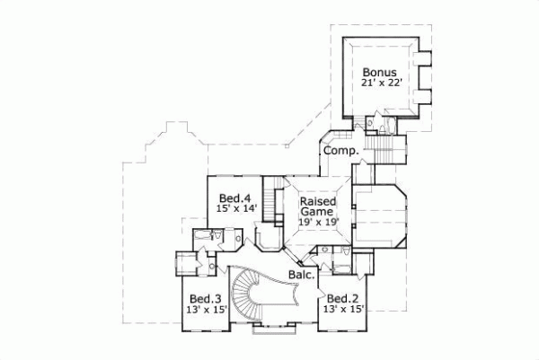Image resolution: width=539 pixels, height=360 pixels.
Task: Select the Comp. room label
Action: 341,151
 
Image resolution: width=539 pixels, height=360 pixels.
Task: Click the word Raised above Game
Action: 319,202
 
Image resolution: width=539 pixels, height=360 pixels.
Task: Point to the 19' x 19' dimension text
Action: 319,224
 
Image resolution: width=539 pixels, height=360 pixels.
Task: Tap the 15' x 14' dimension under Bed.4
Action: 236,208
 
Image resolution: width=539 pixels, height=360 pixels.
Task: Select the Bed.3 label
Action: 205,298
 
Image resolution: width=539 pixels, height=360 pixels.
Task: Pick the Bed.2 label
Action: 342,298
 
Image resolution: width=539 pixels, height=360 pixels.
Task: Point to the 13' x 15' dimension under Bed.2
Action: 344,310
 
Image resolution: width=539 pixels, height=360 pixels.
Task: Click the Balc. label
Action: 300,275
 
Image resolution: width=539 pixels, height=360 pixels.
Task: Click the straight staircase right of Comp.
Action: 387,145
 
